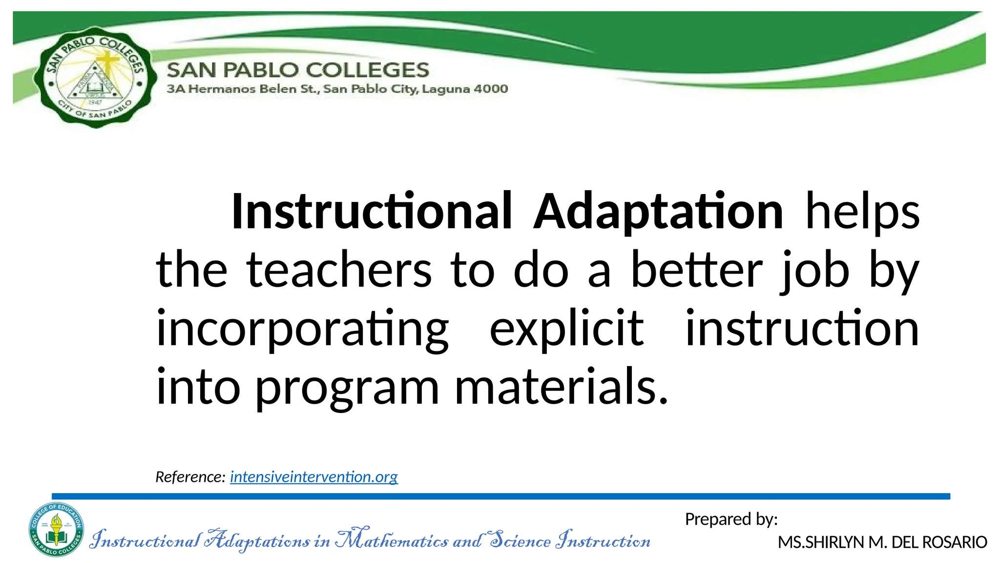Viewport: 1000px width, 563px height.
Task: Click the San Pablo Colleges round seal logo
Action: pos(95,77)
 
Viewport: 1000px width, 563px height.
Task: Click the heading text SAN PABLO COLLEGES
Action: pos(298,70)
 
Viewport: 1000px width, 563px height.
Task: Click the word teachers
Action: pos(339,270)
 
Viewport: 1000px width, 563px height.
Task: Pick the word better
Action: pos(697,270)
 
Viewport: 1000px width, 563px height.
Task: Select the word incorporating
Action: pos(302,328)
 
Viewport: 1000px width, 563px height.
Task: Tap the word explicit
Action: pos(566,328)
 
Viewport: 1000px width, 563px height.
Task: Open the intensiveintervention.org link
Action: pos(314,476)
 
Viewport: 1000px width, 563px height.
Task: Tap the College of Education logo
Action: pos(56,529)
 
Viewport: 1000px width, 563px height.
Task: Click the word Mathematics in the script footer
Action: pos(392,540)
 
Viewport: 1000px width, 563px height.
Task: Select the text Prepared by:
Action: pos(731,519)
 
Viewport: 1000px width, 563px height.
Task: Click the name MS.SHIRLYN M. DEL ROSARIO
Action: pos(882,542)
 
